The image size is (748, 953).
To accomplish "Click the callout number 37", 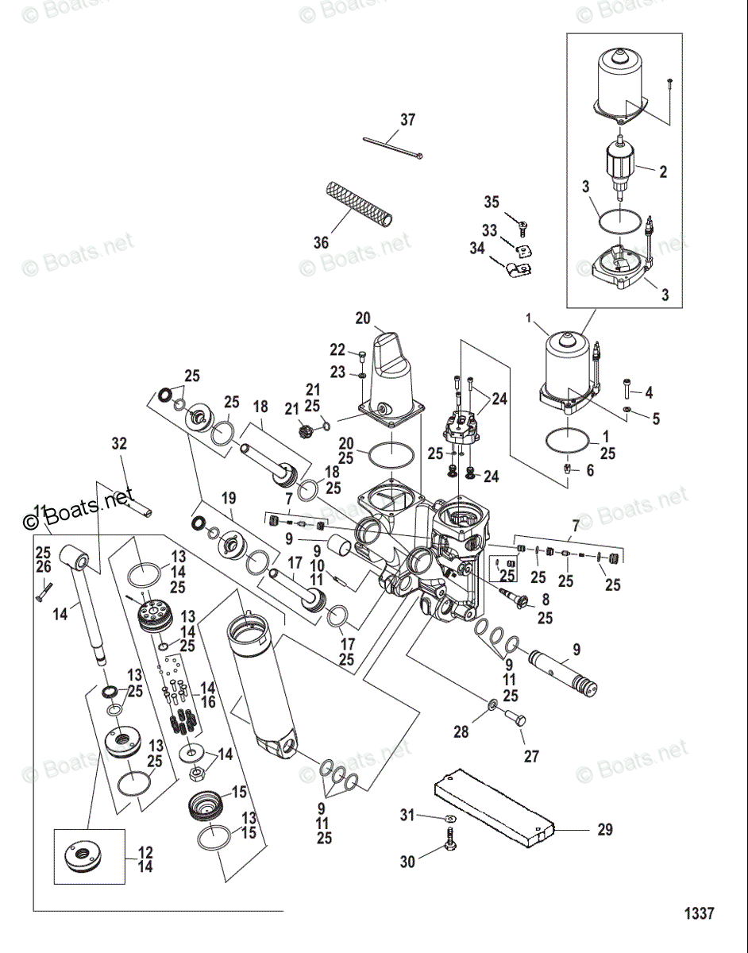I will (x=407, y=120).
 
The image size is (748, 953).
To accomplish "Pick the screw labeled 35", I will (x=523, y=228).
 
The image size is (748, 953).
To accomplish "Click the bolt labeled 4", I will (x=627, y=388).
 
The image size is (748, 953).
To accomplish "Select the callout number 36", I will (x=320, y=243).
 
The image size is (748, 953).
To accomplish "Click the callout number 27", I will (x=530, y=756).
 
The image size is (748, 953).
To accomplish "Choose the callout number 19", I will (x=229, y=498).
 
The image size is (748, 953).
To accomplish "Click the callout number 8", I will (x=544, y=600).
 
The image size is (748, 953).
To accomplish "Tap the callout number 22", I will (x=338, y=350).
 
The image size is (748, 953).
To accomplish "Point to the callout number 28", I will (x=461, y=732).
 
